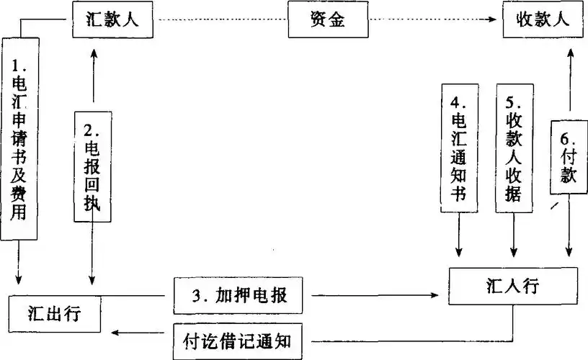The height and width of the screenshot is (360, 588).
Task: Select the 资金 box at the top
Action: (x=328, y=21)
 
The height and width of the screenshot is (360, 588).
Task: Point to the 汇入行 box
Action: (x=512, y=286)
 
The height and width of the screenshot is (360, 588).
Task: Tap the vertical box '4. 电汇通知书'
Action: (x=459, y=147)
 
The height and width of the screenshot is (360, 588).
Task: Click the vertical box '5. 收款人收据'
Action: (x=514, y=147)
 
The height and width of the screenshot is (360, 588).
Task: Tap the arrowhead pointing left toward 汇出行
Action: (x=122, y=333)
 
